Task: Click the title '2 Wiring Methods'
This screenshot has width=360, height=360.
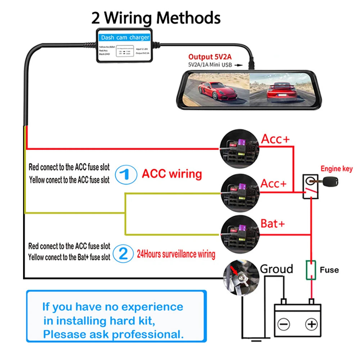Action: click(x=156, y=18)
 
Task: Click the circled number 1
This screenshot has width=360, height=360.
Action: click(x=126, y=175)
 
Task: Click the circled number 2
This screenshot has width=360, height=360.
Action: click(x=123, y=254)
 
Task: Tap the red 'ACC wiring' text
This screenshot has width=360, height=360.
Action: click(x=172, y=174)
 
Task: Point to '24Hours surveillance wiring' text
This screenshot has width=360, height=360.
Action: click(x=176, y=255)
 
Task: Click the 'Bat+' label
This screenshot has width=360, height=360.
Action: click(x=273, y=224)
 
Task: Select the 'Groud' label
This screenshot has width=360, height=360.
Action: click(x=276, y=269)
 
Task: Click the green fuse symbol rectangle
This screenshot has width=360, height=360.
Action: click(x=311, y=270)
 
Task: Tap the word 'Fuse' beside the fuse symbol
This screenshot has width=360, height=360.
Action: click(x=329, y=270)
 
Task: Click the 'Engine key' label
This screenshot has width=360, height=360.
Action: click(x=336, y=168)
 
